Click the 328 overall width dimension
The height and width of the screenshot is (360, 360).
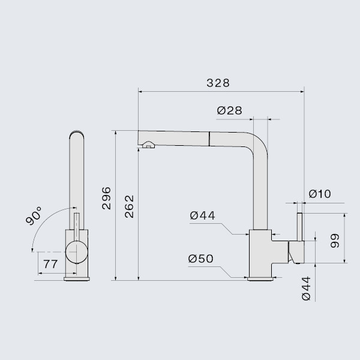click(x=218, y=83)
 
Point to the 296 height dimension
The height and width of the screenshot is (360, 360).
click(x=106, y=198)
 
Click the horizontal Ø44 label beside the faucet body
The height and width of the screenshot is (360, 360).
click(x=202, y=215)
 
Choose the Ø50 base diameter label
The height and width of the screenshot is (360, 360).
click(x=200, y=259)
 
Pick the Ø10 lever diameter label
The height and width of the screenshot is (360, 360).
click(x=319, y=194)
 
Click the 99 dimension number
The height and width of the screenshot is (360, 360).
click(x=335, y=241)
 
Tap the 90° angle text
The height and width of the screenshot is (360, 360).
click(x=35, y=217)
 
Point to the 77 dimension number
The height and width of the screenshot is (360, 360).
click(x=50, y=263)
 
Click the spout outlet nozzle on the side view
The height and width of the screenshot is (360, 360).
click(x=147, y=144)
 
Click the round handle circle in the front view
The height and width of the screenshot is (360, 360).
click(x=76, y=252)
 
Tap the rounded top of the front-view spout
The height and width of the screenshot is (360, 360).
click(x=76, y=134)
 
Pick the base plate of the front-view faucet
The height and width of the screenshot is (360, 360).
click(x=76, y=278)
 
